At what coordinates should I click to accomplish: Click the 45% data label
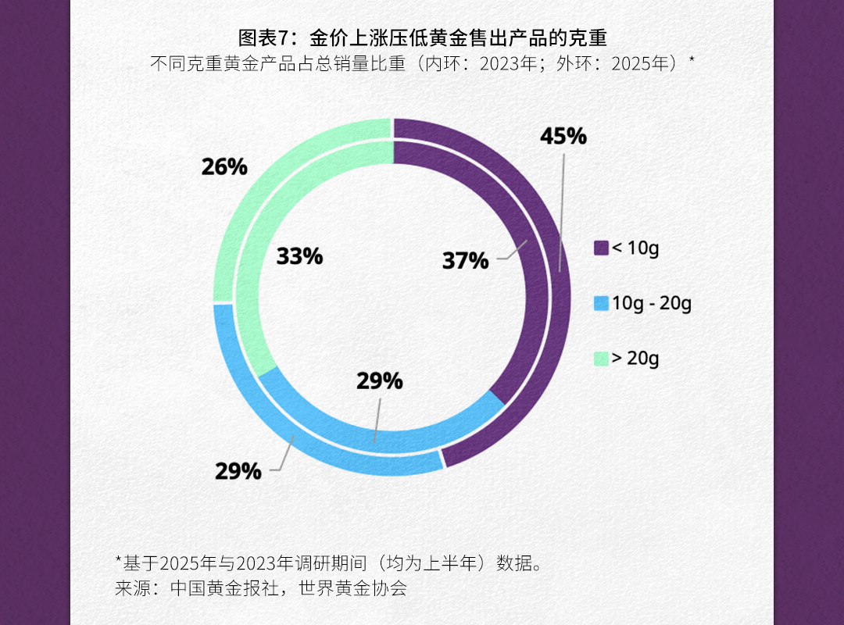tap(563, 136)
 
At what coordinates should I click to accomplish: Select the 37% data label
tap(465, 261)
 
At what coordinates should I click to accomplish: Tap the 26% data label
tap(224, 166)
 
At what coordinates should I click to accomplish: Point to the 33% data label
tap(299, 256)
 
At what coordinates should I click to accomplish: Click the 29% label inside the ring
tap(380, 381)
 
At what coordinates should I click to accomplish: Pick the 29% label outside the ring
tap(238, 471)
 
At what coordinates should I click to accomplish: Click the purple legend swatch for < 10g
tap(601, 248)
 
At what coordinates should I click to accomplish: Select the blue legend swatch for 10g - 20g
tap(601, 304)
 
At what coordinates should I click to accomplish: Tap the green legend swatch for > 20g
tap(601, 359)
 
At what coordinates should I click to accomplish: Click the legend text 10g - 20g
tap(652, 304)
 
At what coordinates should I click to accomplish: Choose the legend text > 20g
tap(635, 359)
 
